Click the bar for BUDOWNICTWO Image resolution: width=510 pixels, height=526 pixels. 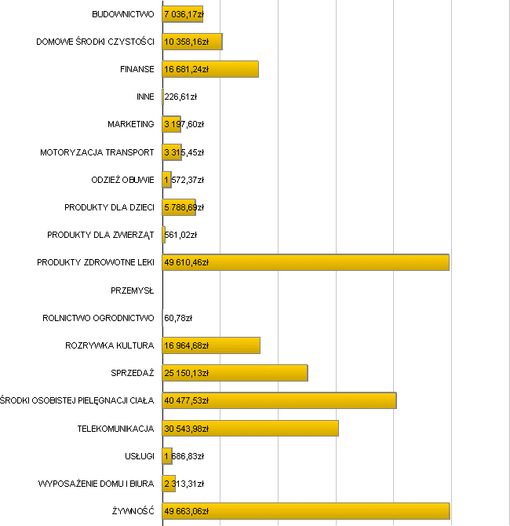[182, 14]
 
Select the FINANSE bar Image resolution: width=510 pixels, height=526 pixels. [210, 69]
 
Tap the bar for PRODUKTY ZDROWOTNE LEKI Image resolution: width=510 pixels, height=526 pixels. [305, 262]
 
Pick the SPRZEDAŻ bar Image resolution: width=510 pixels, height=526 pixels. [235, 373]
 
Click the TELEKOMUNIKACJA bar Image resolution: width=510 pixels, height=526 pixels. [250, 429]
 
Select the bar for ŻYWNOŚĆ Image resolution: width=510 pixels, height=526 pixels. [305, 512]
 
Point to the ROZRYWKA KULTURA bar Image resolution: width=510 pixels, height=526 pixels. [211, 345]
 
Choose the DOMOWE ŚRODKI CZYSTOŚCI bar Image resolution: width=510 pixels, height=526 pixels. [192, 42]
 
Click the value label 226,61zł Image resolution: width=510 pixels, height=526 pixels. [180, 97]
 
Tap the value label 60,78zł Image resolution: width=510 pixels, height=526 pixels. [178, 318]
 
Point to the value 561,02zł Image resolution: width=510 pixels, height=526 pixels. [180, 235]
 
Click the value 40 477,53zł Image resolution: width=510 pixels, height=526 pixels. [187, 401]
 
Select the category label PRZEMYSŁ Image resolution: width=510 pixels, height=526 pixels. [133, 290]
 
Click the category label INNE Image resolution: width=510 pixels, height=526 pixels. [145, 97]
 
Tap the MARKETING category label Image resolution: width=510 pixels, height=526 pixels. [131, 125]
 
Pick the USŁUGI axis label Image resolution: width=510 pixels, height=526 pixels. [139, 456]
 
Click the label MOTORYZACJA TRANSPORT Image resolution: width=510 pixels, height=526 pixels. [97, 152]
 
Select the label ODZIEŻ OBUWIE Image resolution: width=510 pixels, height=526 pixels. [123, 180]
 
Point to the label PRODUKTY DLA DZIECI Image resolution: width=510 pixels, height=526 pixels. [109, 207]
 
